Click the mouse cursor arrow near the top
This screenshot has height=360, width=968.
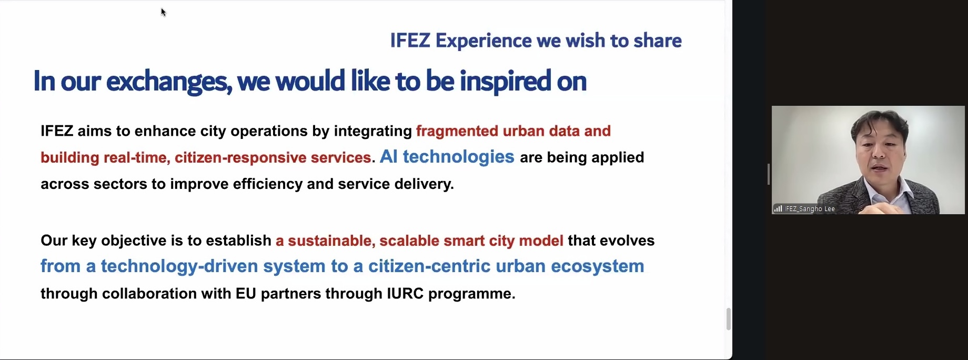[164, 12]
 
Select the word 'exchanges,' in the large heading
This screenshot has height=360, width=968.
[169, 82]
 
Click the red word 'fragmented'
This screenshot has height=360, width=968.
[457, 131]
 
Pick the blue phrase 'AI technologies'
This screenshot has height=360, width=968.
[447, 156]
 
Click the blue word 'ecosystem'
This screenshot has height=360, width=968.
[598, 266]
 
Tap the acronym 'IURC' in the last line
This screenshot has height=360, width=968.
[405, 293]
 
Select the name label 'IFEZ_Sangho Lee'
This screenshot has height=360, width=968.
[810, 209]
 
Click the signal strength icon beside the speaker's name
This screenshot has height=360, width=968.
[778, 209]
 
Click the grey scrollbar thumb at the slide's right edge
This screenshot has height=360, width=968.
[729, 319]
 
